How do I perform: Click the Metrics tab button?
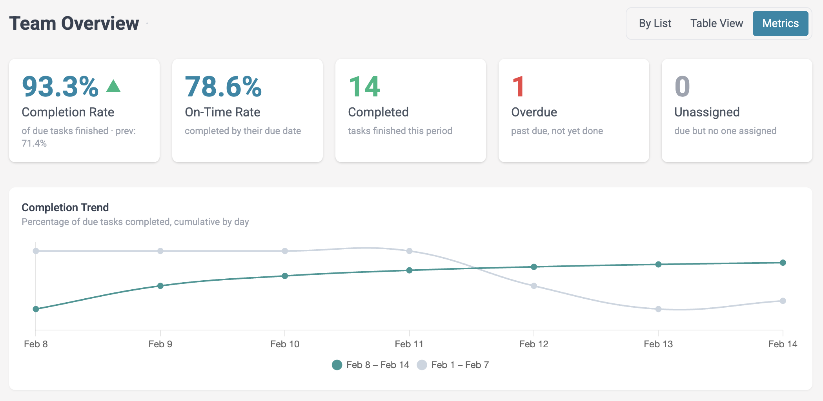(x=780, y=24)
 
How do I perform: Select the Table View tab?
(x=716, y=24)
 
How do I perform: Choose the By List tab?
(x=655, y=24)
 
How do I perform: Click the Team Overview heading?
(x=74, y=24)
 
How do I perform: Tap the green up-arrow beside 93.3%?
(x=113, y=86)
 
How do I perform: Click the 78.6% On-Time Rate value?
(x=223, y=87)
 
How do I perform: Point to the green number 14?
(x=364, y=87)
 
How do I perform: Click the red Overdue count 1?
(x=518, y=87)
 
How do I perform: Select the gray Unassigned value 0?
(x=682, y=87)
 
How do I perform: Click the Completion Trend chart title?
(x=65, y=207)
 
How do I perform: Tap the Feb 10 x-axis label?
(x=284, y=344)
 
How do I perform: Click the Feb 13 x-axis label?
(x=658, y=344)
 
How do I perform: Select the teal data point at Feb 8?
(x=36, y=309)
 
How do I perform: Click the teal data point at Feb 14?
(x=783, y=263)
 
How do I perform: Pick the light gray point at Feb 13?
(x=658, y=309)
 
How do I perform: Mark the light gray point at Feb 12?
(x=533, y=286)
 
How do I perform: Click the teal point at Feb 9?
(x=160, y=286)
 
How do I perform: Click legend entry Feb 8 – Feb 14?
(x=370, y=365)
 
